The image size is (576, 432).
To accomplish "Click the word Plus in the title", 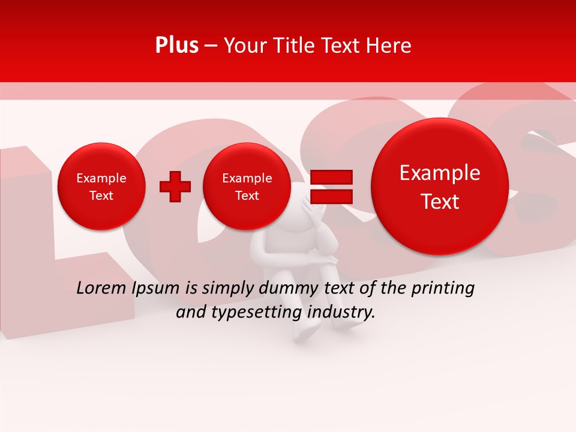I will (x=176, y=46).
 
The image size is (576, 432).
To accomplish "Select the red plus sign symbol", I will (x=175, y=187).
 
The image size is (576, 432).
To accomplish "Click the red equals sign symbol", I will (x=331, y=187).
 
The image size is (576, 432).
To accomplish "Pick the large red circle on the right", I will (x=440, y=187).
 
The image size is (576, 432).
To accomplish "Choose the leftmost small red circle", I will (x=101, y=187).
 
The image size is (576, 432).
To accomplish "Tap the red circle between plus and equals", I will (x=247, y=187).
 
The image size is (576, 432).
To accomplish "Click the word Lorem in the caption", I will (x=101, y=289).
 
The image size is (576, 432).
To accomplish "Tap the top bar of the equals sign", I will (x=331, y=177).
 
